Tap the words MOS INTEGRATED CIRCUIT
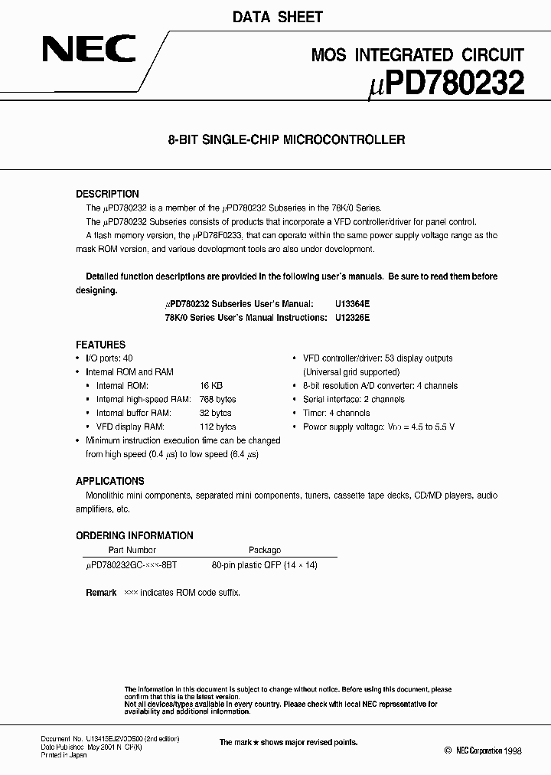pos(418,54)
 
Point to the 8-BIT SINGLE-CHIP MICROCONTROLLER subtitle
pos(286,140)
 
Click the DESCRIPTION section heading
pos(107,194)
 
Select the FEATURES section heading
pos(100,345)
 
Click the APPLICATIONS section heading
pos(109,481)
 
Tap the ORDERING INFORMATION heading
pos(134,535)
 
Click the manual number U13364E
pos(352,304)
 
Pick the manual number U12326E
pos(352,317)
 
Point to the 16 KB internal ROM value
pos(210,386)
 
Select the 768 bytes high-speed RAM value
pos(218,400)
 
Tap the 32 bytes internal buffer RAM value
pos(216,414)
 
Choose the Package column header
pos(265,550)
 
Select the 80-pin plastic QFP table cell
pos(264,565)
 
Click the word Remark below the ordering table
pos(101,593)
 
